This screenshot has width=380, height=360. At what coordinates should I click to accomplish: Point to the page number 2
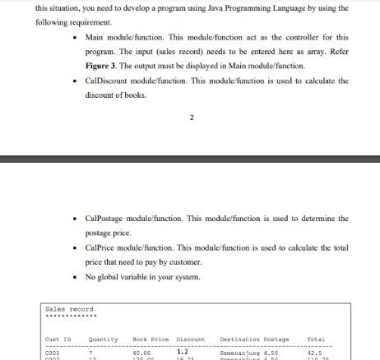192,118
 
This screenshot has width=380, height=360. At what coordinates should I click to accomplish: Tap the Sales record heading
70,309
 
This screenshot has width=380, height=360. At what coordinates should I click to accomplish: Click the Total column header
316,339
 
